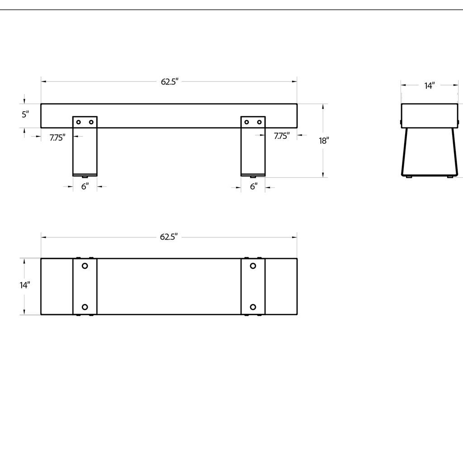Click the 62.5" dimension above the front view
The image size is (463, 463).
(170, 82)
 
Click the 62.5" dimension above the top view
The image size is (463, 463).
(169, 237)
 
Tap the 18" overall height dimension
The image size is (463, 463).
(323, 141)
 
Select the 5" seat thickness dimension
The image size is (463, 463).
(25, 114)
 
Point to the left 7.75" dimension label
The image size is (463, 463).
(57, 137)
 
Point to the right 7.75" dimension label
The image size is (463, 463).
(282, 136)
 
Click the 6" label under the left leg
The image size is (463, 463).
(85, 186)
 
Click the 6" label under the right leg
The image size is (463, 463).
(254, 186)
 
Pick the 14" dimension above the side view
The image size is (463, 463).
(430, 85)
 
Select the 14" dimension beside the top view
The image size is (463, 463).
(24, 285)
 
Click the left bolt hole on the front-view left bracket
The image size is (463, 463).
(79, 122)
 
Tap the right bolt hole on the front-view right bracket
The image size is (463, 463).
(260, 122)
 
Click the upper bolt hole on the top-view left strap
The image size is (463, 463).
(85, 266)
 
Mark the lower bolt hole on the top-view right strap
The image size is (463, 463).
(253, 307)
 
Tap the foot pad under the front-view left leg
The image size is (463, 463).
(85, 176)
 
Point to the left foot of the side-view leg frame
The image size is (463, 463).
(409, 176)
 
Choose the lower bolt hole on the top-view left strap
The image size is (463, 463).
(85, 307)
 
